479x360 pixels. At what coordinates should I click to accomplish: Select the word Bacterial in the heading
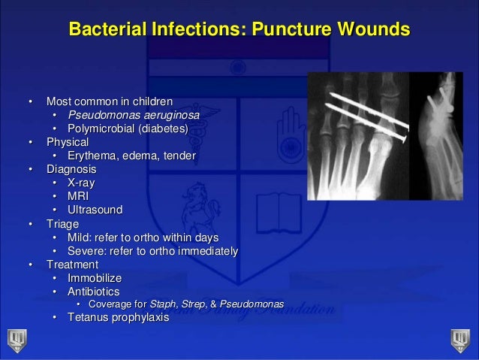[106, 30]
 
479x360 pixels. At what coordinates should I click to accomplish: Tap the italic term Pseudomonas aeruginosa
[135, 113]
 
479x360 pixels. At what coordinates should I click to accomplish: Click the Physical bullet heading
[68, 141]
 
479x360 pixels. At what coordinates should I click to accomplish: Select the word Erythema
[96, 156]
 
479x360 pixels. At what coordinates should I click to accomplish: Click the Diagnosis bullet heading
[73, 169]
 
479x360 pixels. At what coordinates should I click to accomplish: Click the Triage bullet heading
[64, 223]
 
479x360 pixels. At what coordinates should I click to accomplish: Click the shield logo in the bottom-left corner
[16, 339]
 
